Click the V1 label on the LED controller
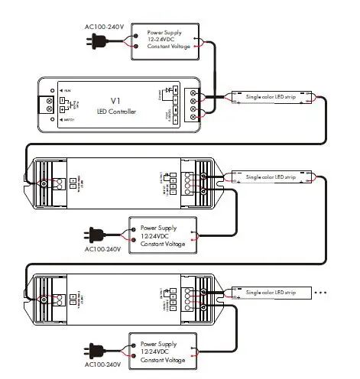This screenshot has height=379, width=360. point(117,100)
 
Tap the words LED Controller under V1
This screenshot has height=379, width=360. point(117,113)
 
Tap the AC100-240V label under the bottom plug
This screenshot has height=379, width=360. point(102,364)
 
